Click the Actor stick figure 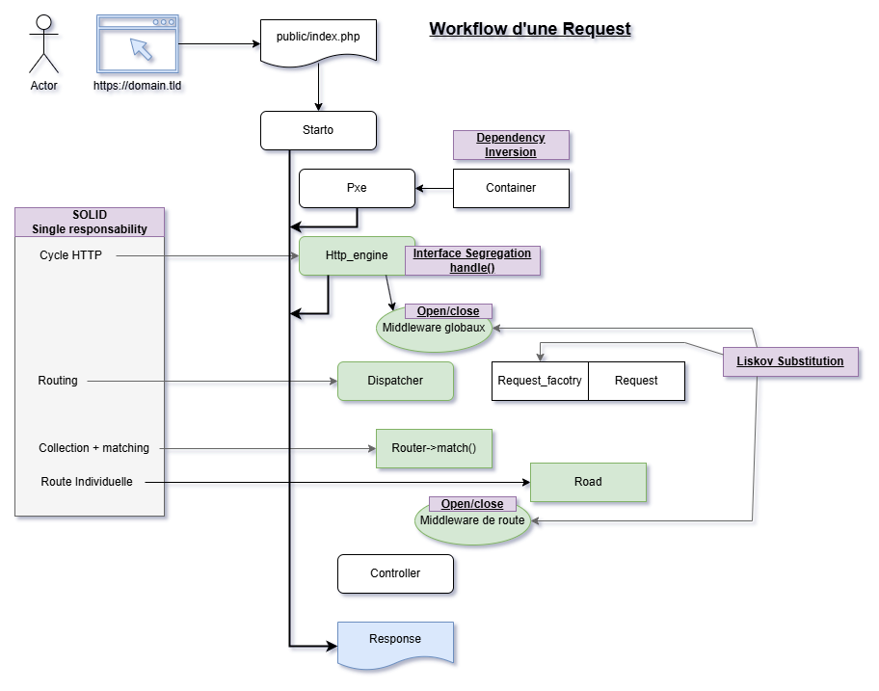point(43,46)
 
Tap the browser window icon point(137,44)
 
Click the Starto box point(318,131)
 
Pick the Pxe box point(357,188)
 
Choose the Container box point(511,188)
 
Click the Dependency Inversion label point(511,145)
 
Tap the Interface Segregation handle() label point(472,260)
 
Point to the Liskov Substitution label point(790,361)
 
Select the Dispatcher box point(395,381)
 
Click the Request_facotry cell point(540,381)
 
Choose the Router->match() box point(434,448)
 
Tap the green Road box point(588,482)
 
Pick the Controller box point(395,573)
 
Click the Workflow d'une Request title point(530,28)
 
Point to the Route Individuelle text point(87,482)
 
